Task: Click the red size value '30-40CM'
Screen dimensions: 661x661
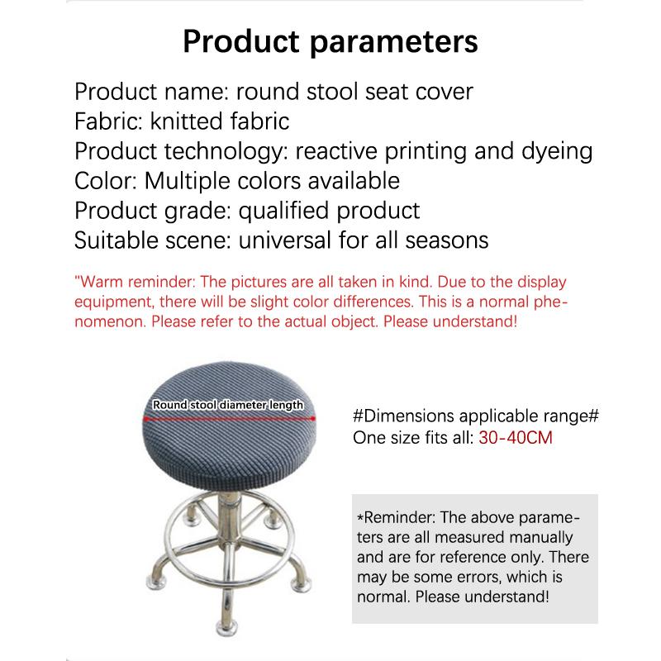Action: point(516,437)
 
